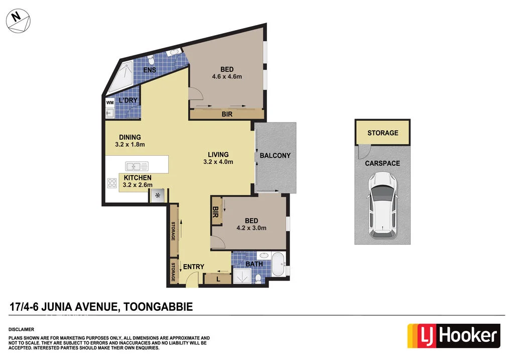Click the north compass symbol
point(18,21)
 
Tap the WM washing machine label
point(110,103)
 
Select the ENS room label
point(149,70)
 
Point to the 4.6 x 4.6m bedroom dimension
point(227,77)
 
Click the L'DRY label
point(128,101)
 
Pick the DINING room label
point(130,137)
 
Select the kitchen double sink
point(136,165)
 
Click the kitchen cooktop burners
point(112,184)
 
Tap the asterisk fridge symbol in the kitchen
point(159,195)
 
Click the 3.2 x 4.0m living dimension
point(218,162)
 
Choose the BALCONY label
point(275,156)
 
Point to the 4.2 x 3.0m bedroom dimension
point(251,228)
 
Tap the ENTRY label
point(193,267)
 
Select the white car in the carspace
point(382,205)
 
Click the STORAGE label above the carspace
point(382,133)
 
